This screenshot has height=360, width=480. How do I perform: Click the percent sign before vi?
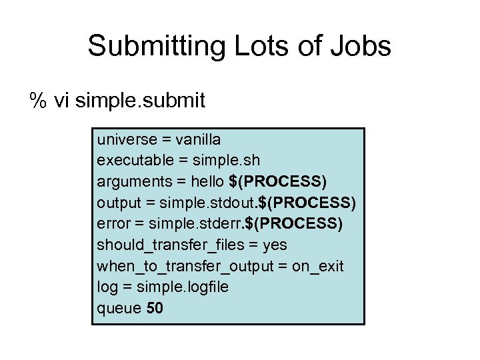(38, 101)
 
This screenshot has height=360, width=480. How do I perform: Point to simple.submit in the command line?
(141, 101)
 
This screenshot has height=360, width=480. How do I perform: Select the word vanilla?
(198, 140)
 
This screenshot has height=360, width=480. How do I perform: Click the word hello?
(207, 182)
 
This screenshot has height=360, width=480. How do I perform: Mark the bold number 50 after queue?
(155, 308)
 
